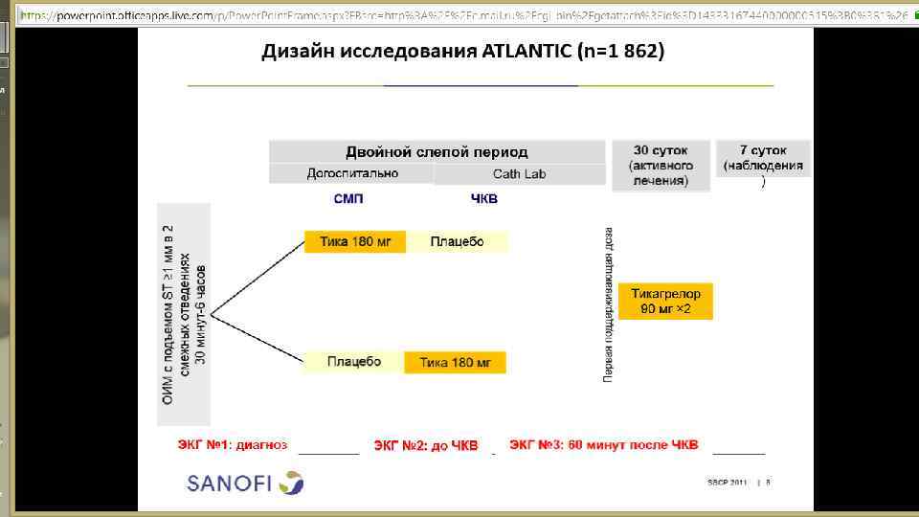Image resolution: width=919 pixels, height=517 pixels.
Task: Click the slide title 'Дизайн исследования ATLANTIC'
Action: [x=462, y=53]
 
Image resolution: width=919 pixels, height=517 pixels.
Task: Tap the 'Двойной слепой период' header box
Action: [x=437, y=152]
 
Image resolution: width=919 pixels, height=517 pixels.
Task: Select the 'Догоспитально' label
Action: [x=352, y=173]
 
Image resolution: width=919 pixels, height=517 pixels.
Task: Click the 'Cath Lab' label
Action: [x=519, y=174]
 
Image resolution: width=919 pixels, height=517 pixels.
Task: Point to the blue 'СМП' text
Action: [x=348, y=199]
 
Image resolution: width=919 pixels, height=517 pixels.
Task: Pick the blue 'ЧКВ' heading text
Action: [x=484, y=199]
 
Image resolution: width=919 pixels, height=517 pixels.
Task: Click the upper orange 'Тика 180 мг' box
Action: [x=355, y=241]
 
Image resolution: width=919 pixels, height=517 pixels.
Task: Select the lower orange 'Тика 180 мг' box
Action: [x=455, y=363]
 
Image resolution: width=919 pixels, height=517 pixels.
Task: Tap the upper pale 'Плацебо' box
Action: [x=458, y=241]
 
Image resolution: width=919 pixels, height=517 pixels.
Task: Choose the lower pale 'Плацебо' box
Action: [x=353, y=362]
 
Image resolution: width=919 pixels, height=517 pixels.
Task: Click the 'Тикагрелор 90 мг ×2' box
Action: [x=666, y=302]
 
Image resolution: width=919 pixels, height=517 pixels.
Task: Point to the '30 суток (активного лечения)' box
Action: [x=661, y=166]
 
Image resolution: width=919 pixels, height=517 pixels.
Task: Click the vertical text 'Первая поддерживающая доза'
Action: [x=609, y=304]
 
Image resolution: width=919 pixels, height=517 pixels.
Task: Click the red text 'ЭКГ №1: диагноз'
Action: [x=233, y=444]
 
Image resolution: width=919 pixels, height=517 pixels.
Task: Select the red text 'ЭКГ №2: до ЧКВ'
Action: [x=425, y=445]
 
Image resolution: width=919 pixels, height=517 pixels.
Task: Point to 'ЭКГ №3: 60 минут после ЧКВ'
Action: [x=604, y=444]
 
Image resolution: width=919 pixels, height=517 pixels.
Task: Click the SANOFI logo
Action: [x=245, y=482]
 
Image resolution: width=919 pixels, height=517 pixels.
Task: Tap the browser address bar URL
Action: [x=459, y=15]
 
